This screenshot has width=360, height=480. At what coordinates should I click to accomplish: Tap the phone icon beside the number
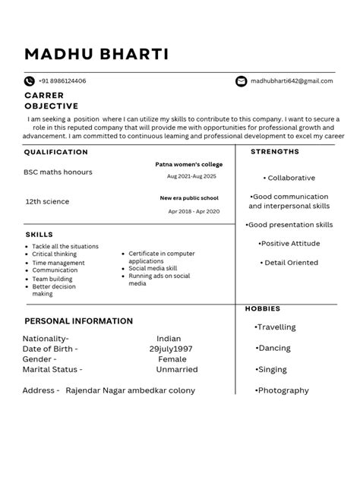(30, 81)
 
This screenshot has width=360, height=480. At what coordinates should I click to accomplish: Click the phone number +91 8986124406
(62, 81)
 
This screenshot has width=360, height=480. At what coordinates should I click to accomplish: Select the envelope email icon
(242, 81)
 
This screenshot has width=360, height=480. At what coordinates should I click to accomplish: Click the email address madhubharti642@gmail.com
(292, 81)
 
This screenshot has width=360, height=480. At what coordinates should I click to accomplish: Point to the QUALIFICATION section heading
(55, 152)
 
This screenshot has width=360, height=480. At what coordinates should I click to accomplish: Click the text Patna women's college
(188, 164)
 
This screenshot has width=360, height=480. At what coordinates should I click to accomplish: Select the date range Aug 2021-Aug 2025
(191, 176)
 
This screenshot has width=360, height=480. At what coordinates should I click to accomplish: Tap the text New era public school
(189, 198)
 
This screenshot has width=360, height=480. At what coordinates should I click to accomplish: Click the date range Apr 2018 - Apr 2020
(194, 211)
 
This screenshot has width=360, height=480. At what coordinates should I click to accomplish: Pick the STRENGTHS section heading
(275, 152)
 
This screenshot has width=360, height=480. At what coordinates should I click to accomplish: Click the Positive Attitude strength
(289, 244)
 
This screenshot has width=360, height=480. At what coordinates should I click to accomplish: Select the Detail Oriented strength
(290, 263)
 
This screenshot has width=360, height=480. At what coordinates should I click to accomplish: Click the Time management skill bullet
(58, 263)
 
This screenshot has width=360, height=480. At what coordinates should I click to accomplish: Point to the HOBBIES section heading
(262, 309)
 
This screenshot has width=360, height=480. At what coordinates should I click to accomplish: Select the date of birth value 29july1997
(171, 349)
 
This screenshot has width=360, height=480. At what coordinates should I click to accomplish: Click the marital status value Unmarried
(176, 370)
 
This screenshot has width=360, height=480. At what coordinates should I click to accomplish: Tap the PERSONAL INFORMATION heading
(78, 321)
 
